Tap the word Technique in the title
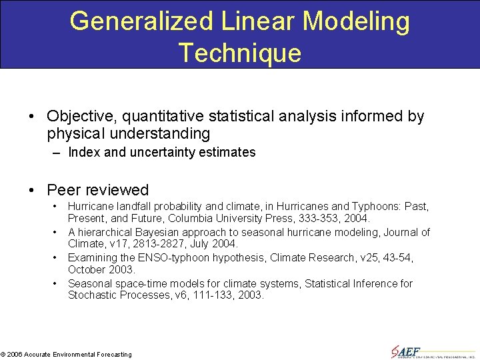tap(240, 53)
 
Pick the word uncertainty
tap(164, 152)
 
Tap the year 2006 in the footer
tap(15, 355)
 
